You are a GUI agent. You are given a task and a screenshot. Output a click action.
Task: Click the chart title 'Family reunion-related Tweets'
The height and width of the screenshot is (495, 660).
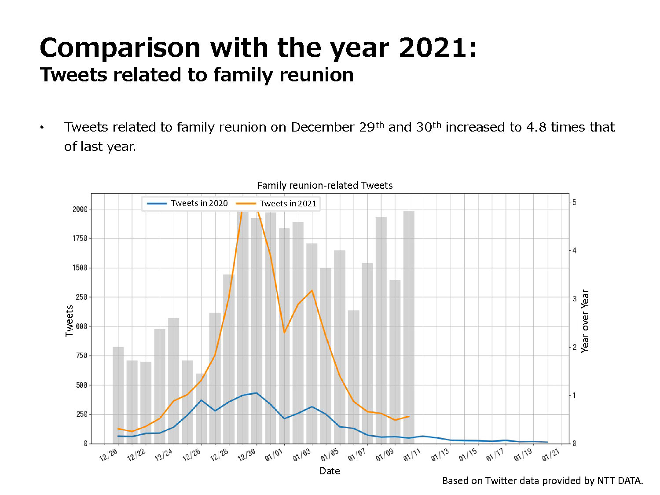pyautogui.click(x=325, y=185)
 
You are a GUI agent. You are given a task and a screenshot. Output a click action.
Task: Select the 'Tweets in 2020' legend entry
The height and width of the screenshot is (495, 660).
pyautogui.click(x=187, y=203)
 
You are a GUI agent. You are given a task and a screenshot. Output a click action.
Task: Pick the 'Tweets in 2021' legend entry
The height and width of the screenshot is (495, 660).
pyautogui.click(x=276, y=204)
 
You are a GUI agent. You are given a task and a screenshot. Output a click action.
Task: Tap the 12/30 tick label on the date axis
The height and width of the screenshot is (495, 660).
pyautogui.click(x=246, y=455)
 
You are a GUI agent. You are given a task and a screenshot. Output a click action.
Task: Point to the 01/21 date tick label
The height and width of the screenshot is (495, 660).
pyautogui.click(x=550, y=455)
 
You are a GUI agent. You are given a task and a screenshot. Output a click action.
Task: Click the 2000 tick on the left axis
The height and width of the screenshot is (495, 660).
pyautogui.click(x=80, y=209)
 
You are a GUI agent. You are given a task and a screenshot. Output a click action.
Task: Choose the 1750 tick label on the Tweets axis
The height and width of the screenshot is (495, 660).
pyautogui.click(x=80, y=238)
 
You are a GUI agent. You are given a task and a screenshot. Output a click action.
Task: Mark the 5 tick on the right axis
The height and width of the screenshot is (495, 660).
pyautogui.click(x=574, y=202)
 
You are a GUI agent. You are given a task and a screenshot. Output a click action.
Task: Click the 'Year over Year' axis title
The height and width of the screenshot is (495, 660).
pyautogui.click(x=585, y=321)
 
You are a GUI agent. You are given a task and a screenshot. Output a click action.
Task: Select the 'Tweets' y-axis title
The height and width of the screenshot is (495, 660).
pyautogui.click(x=69, y=321)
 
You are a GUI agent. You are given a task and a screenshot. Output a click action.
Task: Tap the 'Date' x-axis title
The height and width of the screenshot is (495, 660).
pyautogui.click(x=330, y=471)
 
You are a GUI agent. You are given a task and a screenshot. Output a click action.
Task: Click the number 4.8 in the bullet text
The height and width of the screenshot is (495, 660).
pyautogui.click(x=536, y=127)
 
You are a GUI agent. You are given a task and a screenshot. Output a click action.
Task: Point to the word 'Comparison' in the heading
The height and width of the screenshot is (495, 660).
pyautogui.click(x=120, y=48)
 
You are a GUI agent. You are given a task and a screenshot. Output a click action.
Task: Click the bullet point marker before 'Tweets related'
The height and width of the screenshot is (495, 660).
pyautogui.click(x=42, y=128)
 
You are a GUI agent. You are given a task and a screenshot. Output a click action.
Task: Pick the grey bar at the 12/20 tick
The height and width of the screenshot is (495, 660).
pyautogui.click(x=118, y=395)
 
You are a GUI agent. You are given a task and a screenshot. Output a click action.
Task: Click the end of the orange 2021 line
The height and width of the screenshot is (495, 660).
pyautogui.click(x=409, y=417)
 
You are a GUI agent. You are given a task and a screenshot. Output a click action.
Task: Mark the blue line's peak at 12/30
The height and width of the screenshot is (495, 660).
pyautogui.click(x=257, y=393)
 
